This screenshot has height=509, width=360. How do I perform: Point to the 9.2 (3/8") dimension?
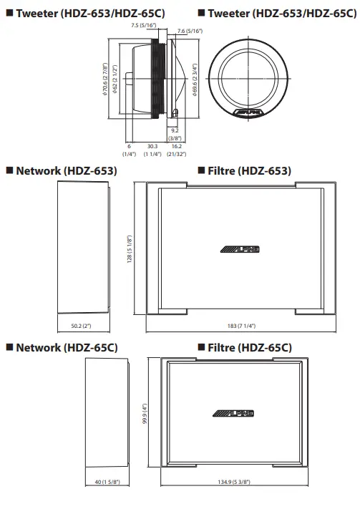coord(175,133)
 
